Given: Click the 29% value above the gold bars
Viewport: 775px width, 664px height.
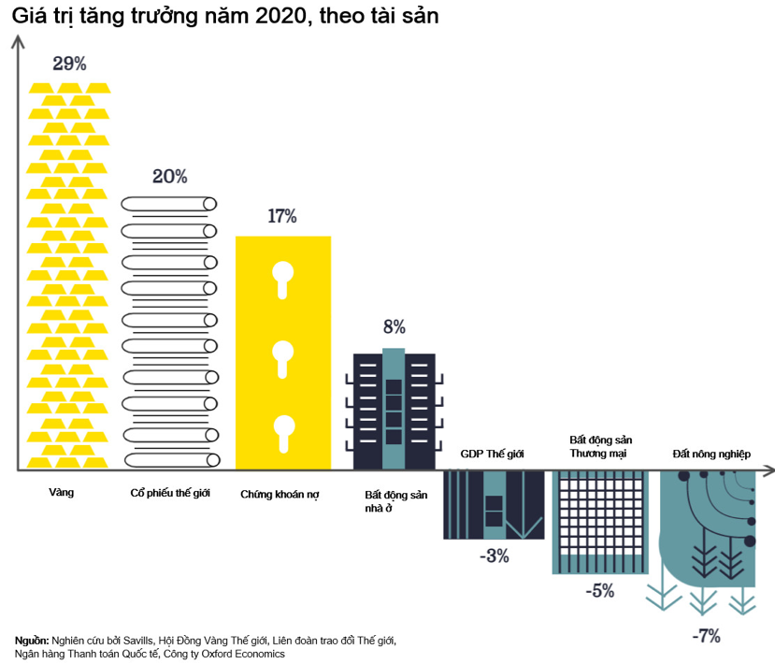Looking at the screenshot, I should coord(70,65).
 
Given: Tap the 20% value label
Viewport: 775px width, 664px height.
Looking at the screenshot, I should coord(170,176).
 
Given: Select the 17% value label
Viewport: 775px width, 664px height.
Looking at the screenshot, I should coord(281,216).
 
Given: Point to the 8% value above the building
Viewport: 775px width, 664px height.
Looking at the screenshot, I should coord(394,326).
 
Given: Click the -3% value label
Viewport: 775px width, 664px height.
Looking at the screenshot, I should coord(494,556).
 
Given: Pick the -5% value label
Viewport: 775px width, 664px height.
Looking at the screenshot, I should coord(599,591).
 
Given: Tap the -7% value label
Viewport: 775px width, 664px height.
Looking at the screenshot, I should coord(706,636).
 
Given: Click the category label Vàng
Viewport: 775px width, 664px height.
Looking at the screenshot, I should coord(61,490).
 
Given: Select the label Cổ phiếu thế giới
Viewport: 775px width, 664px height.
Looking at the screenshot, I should coord(171,491).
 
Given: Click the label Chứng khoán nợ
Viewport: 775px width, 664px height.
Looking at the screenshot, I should coord(280,493).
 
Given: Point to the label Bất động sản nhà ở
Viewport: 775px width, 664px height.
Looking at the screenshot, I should coord(395,500).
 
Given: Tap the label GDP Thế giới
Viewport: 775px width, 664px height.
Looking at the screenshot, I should coord(493,453).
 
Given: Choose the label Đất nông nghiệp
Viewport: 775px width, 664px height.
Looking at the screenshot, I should coord(711,453).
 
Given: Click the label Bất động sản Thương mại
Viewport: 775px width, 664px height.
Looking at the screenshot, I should coord(599,445).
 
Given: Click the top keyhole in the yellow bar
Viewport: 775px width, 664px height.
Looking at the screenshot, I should coord(282,278).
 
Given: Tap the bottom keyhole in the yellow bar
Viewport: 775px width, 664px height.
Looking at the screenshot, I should coord(282,432).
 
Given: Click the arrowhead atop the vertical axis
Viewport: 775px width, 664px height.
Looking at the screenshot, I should coord(17,40).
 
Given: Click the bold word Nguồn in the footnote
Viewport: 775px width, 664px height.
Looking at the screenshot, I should coord(33,641).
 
